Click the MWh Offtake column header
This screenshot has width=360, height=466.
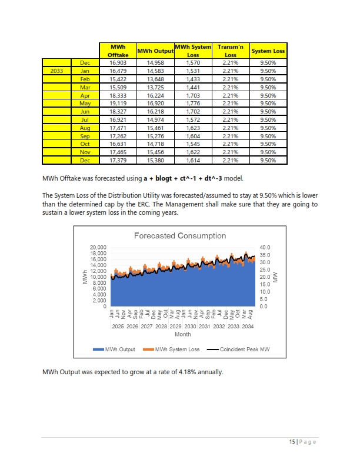pos(118,51)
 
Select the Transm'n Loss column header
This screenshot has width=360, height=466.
pos(231,51)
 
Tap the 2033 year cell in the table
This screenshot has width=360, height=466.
pos(56,71)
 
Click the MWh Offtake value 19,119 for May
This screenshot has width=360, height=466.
pos(118,104)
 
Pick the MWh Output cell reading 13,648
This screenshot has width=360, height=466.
pos(155,79)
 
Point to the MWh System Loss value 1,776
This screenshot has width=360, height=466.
pos(193,104)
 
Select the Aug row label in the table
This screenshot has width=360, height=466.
pos(85,128)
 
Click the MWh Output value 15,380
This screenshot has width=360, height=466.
pos(155,161)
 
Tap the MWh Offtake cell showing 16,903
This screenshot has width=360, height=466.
pos(118,63)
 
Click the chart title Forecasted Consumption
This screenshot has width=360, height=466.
pos(180,236)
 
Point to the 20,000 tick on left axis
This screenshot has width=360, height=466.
pos(98,247)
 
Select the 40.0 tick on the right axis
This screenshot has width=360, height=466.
pos(265,247)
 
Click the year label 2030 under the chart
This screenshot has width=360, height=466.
pos(190,327)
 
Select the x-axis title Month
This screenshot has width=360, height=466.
pos(183,334)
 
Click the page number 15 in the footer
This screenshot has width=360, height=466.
pos(292,442)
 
